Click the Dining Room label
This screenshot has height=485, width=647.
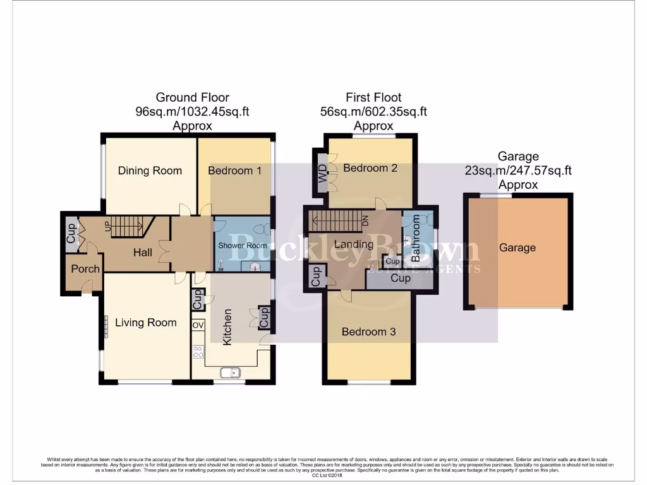click(x=150, y=171)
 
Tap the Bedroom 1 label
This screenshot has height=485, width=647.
click(x=234, y=171)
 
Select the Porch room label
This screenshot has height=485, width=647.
click(x=85, y=269)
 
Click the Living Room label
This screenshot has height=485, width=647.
click(x=145, y=323)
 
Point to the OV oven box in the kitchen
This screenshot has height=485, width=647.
click(x=198, y=325)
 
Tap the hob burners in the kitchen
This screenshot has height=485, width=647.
click(x=198, y=352)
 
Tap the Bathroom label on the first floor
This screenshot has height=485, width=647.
click(x=416, y=239)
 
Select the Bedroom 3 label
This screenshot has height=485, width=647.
click(x=368, y=332)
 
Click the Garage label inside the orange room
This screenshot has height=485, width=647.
click(x=517, y=248)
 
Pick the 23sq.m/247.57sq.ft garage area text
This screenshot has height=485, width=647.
click(x=518, y=171)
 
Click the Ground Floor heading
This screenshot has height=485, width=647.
click(x=192, y=97)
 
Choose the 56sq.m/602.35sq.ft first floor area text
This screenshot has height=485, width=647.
click(x=373, y=112)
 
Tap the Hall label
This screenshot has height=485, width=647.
click(x=142, y=253)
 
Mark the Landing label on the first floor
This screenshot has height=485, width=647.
click(x=353, y=244)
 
